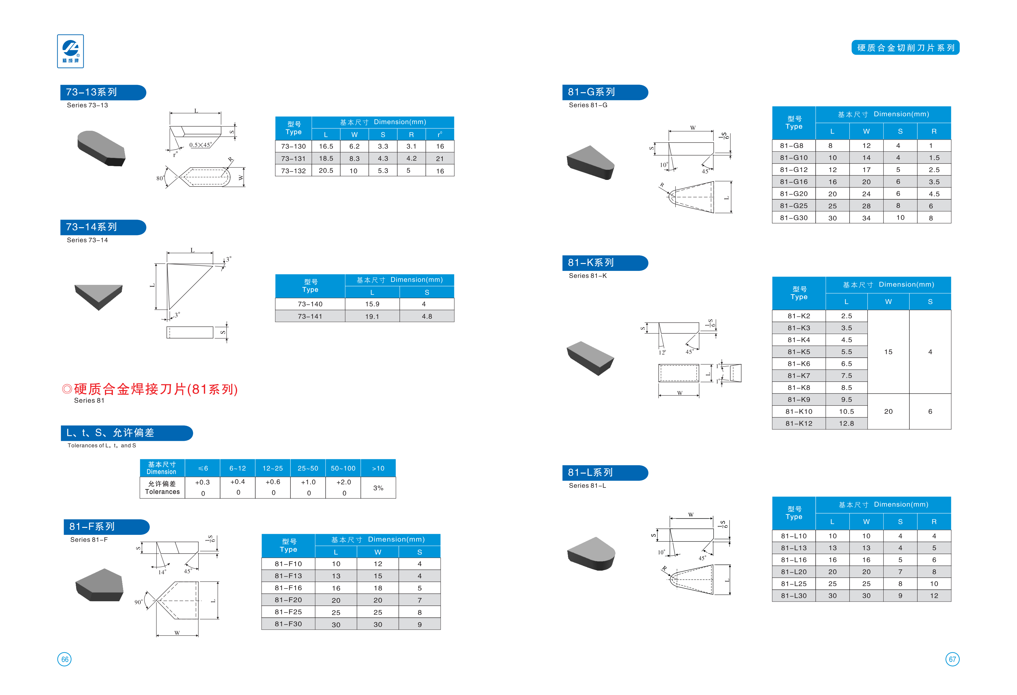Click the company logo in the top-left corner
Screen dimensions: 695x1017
point(70,51)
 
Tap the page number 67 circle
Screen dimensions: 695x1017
point(952,659)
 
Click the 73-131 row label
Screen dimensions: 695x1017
point(293,159)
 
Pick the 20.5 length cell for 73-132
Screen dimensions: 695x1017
point(326,171)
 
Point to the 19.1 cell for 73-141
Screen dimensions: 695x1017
point(372,316)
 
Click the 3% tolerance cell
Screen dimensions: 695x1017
point(378,488)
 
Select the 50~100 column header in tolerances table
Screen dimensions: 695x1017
point(343,468)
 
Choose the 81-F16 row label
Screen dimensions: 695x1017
point(288,588)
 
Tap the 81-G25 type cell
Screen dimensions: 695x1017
point(794,206)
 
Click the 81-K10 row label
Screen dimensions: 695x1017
point(799,411)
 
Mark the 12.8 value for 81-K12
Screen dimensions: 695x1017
point(846,423)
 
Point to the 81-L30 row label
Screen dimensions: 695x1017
point(794,595)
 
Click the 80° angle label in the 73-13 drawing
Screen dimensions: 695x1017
point(160,178)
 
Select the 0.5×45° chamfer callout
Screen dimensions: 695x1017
point(200,145)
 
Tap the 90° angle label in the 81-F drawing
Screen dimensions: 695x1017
point(138,602)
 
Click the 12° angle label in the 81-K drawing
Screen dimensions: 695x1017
point(662,353)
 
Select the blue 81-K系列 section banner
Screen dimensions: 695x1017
point(604,263)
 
